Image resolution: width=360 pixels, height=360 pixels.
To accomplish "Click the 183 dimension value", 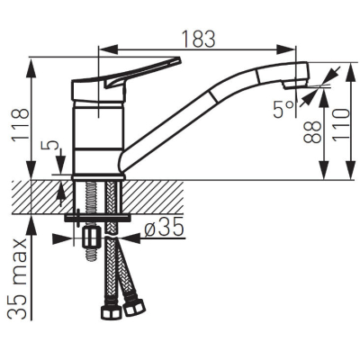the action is point(199,39).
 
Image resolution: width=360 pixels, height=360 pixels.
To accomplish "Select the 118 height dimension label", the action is point(20,125).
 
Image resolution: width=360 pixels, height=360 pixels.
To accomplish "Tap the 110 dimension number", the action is point(341,124).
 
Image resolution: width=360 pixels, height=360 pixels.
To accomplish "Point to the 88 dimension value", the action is point(312,132).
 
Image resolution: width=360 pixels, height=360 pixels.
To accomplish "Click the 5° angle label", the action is point(283,110).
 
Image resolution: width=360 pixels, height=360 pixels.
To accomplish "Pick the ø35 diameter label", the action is point(164,229).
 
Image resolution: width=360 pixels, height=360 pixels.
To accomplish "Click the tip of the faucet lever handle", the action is point(179,59).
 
